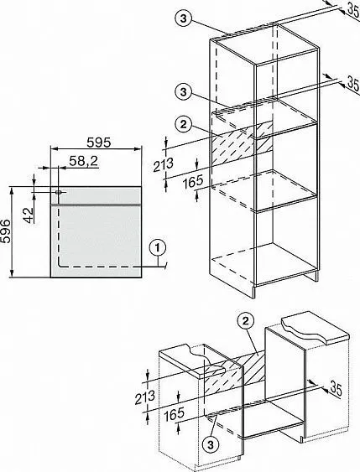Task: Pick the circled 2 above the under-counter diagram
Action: [246, 319]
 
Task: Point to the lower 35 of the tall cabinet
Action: [349, 82]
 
